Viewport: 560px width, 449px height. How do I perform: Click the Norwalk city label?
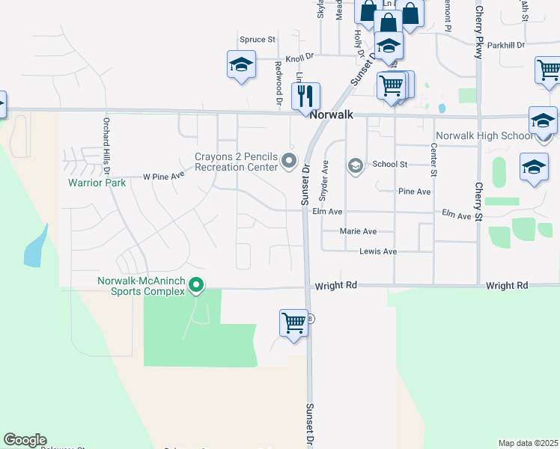[x=331, y=116]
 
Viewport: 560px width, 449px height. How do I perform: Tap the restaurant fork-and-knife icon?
[x=305, y=95]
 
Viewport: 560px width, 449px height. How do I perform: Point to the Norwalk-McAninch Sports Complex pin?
[x=196, y=284]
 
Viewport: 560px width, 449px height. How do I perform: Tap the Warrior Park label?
[x=97, y=182]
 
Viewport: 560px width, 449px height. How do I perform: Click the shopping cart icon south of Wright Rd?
[x=293, y=324]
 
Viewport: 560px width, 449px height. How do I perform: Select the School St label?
[x=389, y=164]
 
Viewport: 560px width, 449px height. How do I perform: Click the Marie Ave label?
[x=358, y=232]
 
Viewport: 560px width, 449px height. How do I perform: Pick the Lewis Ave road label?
[x=378, y=251]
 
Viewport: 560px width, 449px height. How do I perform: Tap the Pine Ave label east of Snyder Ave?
[x=414, y=192]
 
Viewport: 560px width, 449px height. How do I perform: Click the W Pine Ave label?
[x=163, y=177]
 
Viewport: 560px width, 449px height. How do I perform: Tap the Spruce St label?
[x=258, y=39]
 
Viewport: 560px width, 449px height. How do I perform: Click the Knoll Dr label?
[x=299, y=56]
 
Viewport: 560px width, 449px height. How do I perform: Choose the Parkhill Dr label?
[x=505, y=46]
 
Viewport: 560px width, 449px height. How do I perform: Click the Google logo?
[x=25, y=440]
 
